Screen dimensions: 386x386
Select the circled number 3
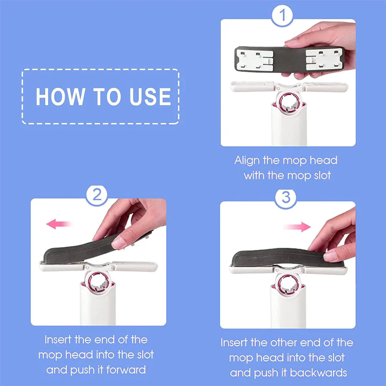click(286, 198)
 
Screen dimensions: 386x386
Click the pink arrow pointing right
click(298, 227)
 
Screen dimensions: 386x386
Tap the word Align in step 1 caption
click(247, 161)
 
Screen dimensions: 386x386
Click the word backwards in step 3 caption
click(318, 373)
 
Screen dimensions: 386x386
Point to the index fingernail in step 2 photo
click(119, 243)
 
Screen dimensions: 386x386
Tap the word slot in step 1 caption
click(320, 175)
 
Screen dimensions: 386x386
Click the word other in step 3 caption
click(283, 343)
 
